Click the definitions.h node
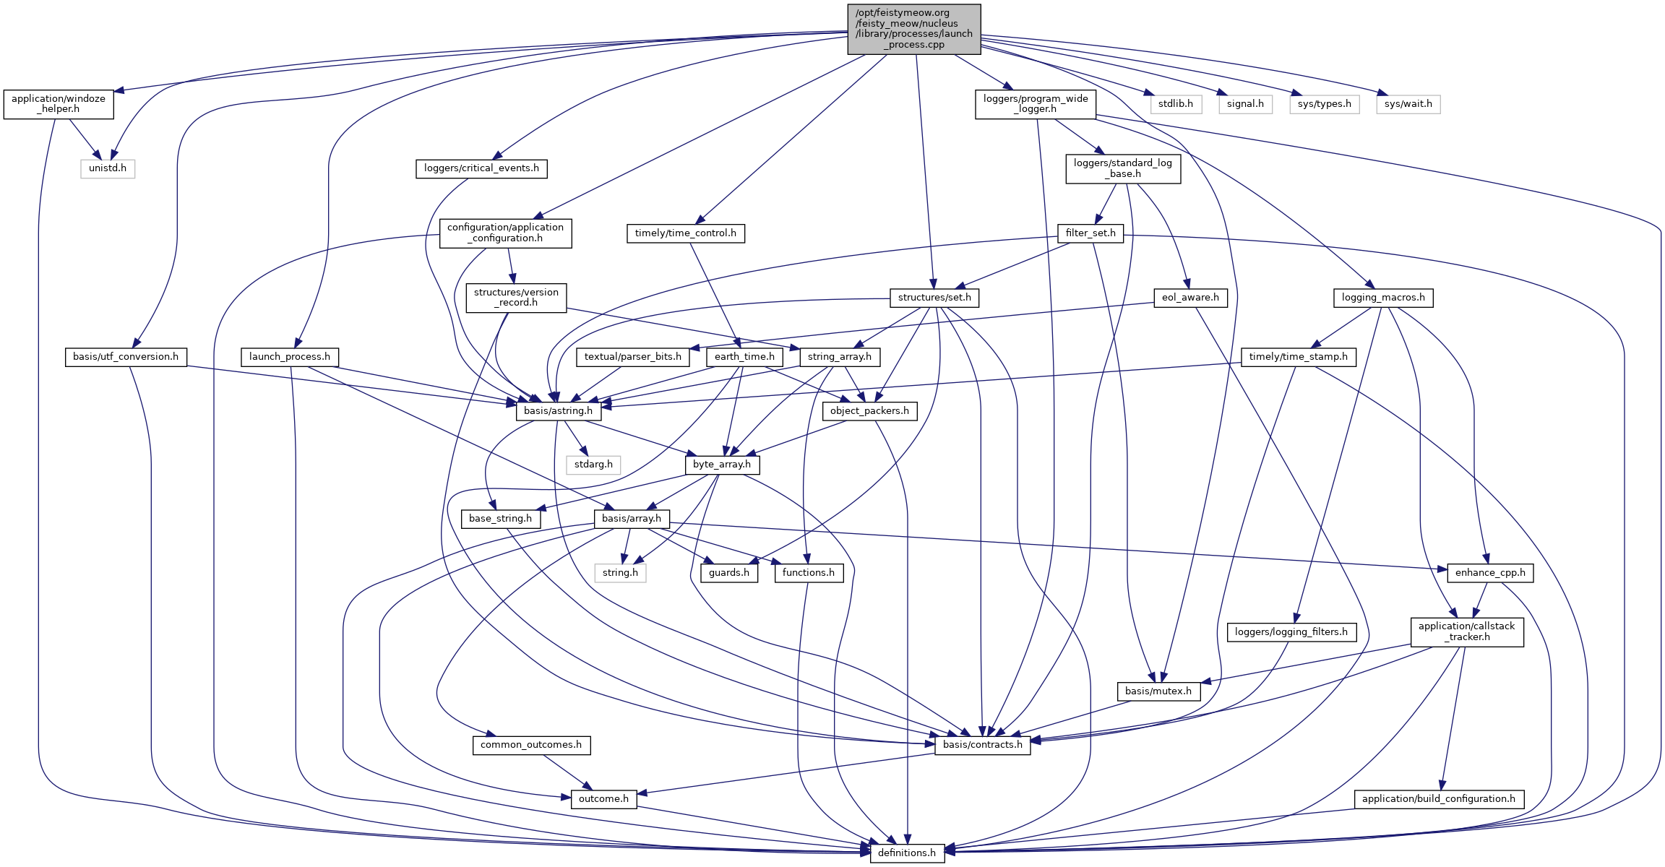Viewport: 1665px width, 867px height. pyautogui.click(x=907, y=853)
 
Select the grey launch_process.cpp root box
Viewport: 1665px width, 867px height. pyautogui.click(x=913, y=29)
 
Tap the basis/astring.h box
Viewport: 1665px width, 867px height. pyautogui.click(x=558, y=411)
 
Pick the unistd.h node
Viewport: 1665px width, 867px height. pyautogui.click(x=108, y=168)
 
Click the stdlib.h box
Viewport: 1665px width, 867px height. pyautogui.click(x=1175, y=104)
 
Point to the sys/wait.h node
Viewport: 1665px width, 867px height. pyautogui.click(x=1408, y=104)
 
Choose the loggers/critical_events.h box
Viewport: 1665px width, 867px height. pyautogui.click(x=481, y=168)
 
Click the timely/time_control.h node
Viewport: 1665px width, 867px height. pyautogui.click(x=685, y=233)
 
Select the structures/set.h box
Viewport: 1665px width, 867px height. pyautogui.click(x=934, y=298)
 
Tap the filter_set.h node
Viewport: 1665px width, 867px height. pyautogui.click(x=1090, y=233)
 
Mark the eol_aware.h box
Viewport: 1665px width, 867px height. pyautogui.click(x=1189, y=298)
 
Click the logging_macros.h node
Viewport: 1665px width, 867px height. pyautogui.click(x=1382, y=298)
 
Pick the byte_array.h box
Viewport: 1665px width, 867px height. pyautogui.click(x=721, y=465)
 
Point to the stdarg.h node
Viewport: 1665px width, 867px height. pyautogui.click(x=593, y=465)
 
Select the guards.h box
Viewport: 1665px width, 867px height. pyautogui.click(x=728, y=573)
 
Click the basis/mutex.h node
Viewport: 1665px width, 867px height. pyautogui.click(x=1158, y=691)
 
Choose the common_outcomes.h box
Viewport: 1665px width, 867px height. pyautogui.click(x=531, y=745)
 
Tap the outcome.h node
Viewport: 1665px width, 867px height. pyautogui.click(x=603, y=799)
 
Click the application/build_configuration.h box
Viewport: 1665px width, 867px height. pyautogui.click(x=1438, y=799)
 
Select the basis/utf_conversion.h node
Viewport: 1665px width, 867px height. pyautogui.click(x=126, y=357)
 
